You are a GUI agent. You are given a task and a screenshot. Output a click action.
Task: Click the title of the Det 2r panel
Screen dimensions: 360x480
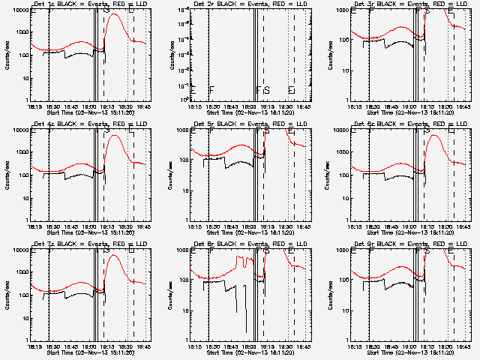click(250, 4)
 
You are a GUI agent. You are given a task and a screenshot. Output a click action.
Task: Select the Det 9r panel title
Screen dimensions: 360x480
click(409, 244)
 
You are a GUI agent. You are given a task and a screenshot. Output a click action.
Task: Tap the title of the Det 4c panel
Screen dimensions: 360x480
click(90, 124)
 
